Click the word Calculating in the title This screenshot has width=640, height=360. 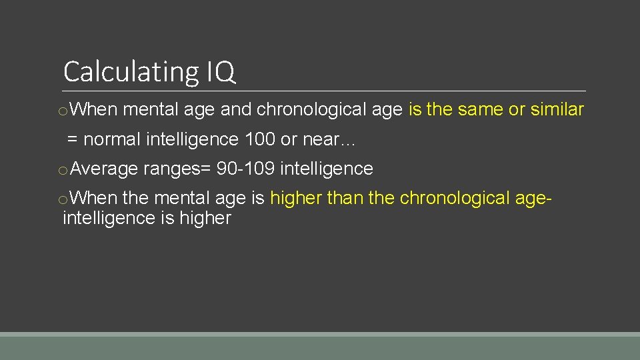[130, 71]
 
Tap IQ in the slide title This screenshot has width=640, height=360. [221, 71]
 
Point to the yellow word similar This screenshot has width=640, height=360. [557, 109]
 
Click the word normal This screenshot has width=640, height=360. [112, 139]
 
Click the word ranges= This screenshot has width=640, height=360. [177, 169]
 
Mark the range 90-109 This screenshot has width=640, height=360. [245, 169]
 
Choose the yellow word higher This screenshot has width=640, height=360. [296, 199]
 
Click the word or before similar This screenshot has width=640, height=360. [517, 109]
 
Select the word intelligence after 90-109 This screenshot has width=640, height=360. [327, 169]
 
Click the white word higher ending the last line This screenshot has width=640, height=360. [205, 218]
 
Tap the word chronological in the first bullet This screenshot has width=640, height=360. [329, 109]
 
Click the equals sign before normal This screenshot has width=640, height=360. [73, 140]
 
